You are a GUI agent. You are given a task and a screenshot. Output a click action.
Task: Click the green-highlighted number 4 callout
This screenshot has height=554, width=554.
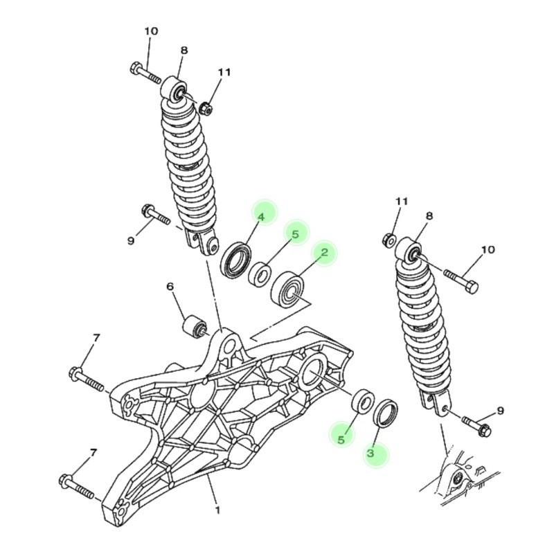click(x=262, y=217)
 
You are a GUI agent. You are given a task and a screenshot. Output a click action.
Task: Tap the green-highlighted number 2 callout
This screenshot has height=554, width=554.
click(x=323, y=253)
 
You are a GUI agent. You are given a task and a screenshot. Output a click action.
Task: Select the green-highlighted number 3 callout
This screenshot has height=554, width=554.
click(x=370, y=454)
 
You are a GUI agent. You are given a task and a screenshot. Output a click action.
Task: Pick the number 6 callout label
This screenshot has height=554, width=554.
click(x=169, y=287)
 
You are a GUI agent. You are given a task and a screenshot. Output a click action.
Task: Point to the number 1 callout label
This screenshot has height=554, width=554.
click(x=217, y=511)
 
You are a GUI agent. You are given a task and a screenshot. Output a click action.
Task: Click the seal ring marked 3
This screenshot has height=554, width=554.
click(x=386, y=413)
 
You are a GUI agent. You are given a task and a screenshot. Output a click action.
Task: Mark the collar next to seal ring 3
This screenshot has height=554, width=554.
click(x=362, y=403)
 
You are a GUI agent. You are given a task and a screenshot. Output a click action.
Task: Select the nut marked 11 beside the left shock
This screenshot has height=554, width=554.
click(x=205, y=108)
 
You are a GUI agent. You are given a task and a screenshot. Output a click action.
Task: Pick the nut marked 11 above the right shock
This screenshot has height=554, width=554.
click(x=389, y=240)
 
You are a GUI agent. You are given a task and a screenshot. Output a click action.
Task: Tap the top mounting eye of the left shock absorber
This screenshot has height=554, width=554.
click(x=175, y=91)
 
